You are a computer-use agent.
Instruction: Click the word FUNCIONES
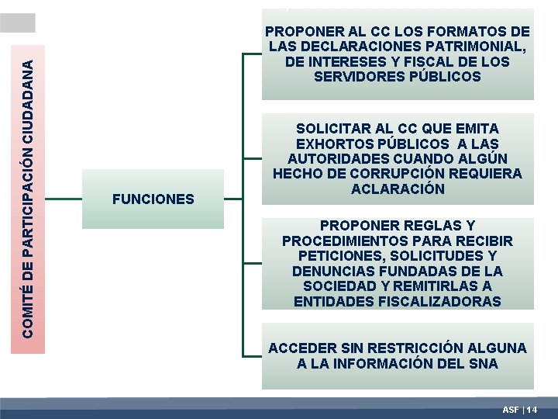click(153, 199)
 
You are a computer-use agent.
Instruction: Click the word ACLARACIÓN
click(398, 189)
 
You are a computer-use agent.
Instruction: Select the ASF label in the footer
click(511, 409)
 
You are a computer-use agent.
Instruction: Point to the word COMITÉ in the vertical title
click(27, 314)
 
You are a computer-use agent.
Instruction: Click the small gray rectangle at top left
click(18, 23)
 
